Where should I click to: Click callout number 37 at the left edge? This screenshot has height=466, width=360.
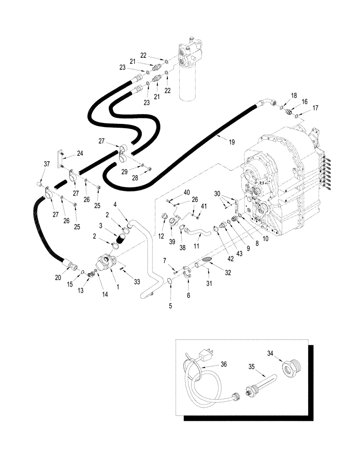click(x=46, y=164)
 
